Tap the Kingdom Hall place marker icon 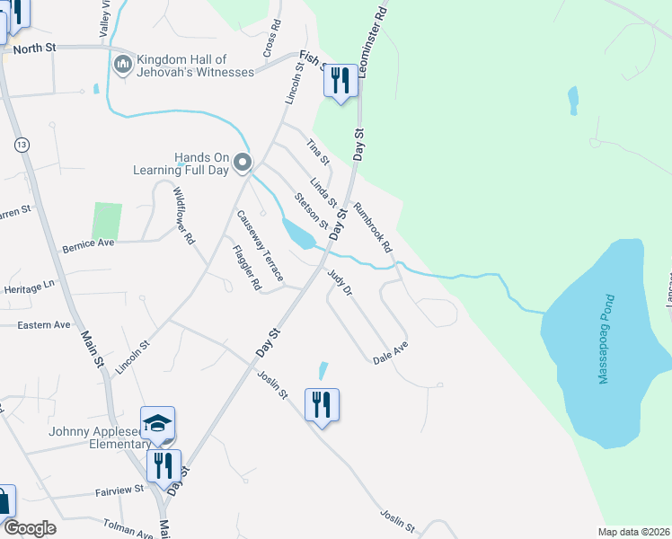point(123,65)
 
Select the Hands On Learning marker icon point(242,163)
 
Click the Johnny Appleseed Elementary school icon point(158,423)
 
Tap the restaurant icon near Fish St point(340,83)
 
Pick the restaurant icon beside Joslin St point(322,405)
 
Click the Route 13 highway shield point(21,144)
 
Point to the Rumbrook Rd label point(373,226)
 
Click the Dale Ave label point(391,352)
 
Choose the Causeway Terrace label point(260,244)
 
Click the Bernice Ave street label point(88,243)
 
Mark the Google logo point(30,528)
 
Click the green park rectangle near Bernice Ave point(106,221)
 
